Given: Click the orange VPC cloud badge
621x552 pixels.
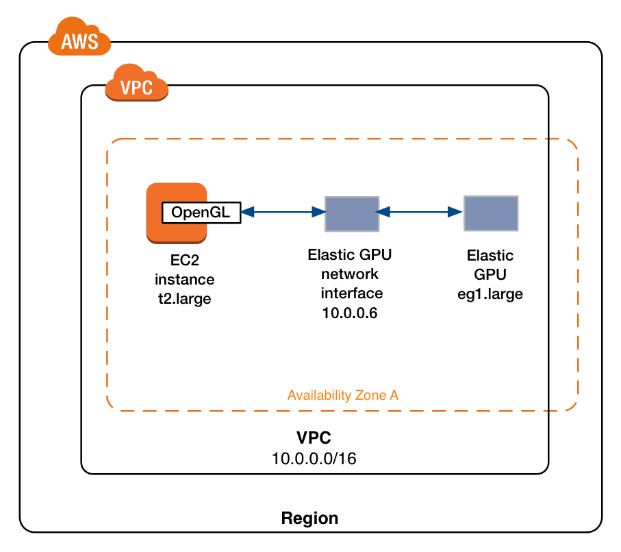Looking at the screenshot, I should click(136, 84).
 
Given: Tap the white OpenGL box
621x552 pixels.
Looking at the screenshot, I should click(201, 213).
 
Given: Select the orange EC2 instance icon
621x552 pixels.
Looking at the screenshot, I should click(177, 232).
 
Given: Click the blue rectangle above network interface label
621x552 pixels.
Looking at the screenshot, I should click(351, 213).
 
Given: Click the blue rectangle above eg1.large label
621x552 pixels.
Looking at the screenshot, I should click(490, 213).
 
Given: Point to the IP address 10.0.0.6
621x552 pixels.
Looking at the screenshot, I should click(351, 313).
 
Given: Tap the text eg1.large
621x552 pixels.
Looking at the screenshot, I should click(490, 293).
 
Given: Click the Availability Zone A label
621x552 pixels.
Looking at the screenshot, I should click(342, 396).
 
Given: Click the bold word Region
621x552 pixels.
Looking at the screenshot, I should click(309, 518).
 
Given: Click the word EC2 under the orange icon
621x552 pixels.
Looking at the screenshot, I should click(184, 261).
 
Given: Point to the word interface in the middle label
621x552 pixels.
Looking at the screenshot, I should click(351, 293).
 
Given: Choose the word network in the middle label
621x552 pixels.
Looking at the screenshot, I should click(351, 274).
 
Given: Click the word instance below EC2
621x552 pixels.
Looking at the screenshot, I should click(184, 280).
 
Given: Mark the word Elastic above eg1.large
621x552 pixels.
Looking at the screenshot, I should click(490, 256).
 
